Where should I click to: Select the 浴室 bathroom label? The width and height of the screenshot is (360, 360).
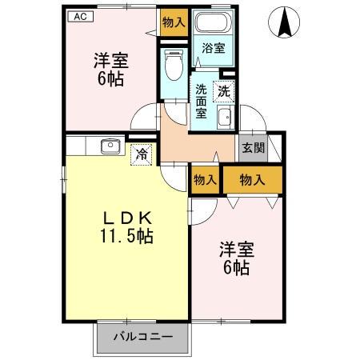coord(212,48)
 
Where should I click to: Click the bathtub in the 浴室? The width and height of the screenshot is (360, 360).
coord(212,23)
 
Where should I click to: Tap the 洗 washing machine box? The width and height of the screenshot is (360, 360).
coord(226,91)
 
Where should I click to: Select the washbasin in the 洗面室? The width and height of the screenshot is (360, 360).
coord(225,118)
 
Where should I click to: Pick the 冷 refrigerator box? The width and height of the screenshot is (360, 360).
coord(142,153)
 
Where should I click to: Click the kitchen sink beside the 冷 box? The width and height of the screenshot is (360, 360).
coord(110,146)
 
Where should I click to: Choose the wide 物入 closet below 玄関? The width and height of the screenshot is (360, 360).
coord(253,180)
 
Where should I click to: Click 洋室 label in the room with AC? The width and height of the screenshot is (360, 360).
coord(111,60)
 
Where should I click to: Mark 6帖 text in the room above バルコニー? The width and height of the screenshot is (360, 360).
coord(235,269)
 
